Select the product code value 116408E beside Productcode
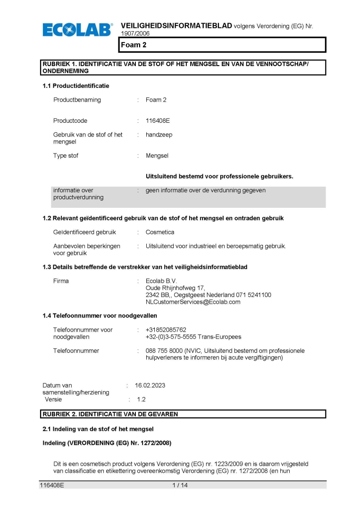coord(158,121)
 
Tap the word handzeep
coord(159,135)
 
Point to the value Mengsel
coord(157,156)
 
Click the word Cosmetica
coord(160,232)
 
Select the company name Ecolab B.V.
coord(161,281)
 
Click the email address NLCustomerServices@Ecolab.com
coord(193,302)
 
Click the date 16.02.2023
coord(150,386)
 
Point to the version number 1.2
coord(141,399)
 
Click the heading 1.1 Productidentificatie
coord(75,86)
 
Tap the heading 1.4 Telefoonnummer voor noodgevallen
coord(100,315)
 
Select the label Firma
coord(61,281)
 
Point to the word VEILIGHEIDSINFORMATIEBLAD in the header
coord(176,25)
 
